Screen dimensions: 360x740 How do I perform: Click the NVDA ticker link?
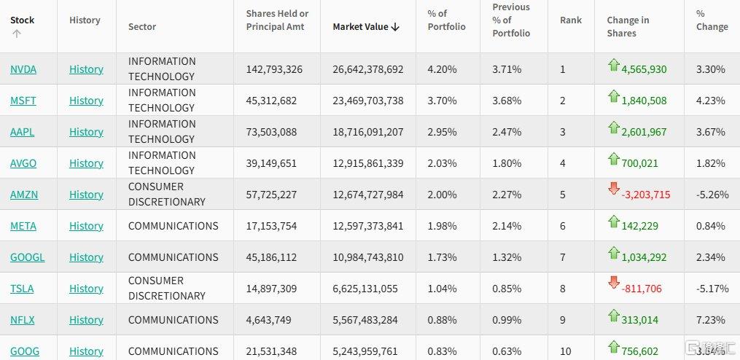click(23, 69)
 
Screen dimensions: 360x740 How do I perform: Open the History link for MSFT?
click(86, 101)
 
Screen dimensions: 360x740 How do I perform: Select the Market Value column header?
click(366, 27)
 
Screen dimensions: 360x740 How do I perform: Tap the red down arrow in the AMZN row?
click(613, 189)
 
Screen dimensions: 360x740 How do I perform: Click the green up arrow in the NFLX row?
click(613, 315)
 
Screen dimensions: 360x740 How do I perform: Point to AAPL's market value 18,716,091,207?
click(368, 132)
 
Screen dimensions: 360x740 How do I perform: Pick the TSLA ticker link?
click(22, 289)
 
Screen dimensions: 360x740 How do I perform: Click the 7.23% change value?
click(711, 320)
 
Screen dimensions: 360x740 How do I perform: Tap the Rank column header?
click(571, 20)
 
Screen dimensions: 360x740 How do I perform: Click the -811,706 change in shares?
click(642, 289)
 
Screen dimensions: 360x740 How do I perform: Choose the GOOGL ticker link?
click(27, 257)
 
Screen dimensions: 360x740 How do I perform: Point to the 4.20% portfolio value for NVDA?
click(442, 69)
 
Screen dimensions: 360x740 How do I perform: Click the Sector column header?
click(142, 27)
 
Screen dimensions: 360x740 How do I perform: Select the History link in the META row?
click(86, 226)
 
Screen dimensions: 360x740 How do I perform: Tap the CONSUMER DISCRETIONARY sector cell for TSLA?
click(166, 289)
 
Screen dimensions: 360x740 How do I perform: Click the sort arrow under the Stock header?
click(16, 34)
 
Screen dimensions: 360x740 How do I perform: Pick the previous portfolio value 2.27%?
click(507, 195)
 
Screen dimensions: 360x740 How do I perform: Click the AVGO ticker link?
click(23, 163)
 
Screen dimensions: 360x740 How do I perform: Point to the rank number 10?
click(566, 351)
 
